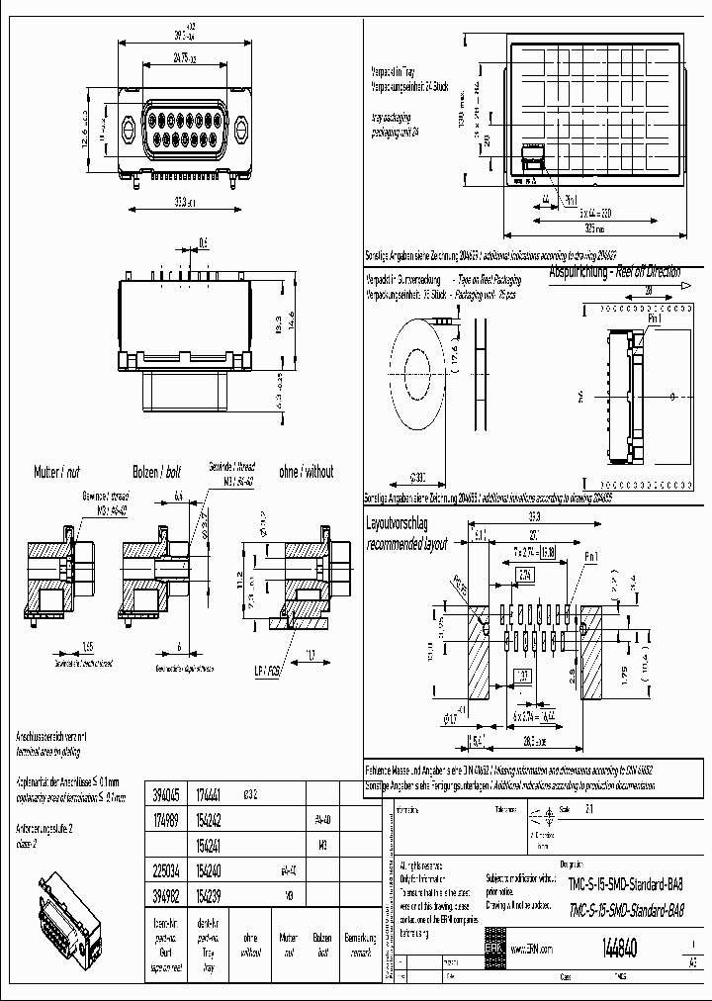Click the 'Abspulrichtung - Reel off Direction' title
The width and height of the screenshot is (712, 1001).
pos(615,270)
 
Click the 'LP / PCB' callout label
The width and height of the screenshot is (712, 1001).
pos(266,671)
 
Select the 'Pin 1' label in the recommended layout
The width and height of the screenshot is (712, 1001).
pos(590,558)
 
